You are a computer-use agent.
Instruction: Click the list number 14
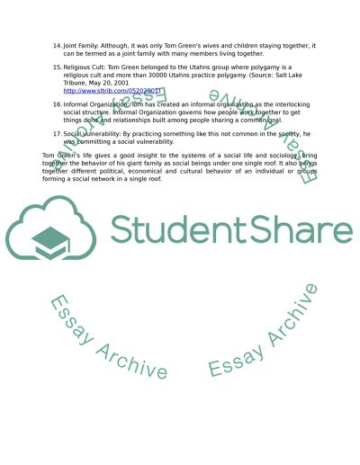coord(57,45)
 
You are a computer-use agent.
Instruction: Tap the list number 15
coord(57,67)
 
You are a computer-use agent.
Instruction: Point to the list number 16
coord(57,104)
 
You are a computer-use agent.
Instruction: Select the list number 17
coord(57,133)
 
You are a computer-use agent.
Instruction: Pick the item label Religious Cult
coord(87,67)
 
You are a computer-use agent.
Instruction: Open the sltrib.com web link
coord(103,91)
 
